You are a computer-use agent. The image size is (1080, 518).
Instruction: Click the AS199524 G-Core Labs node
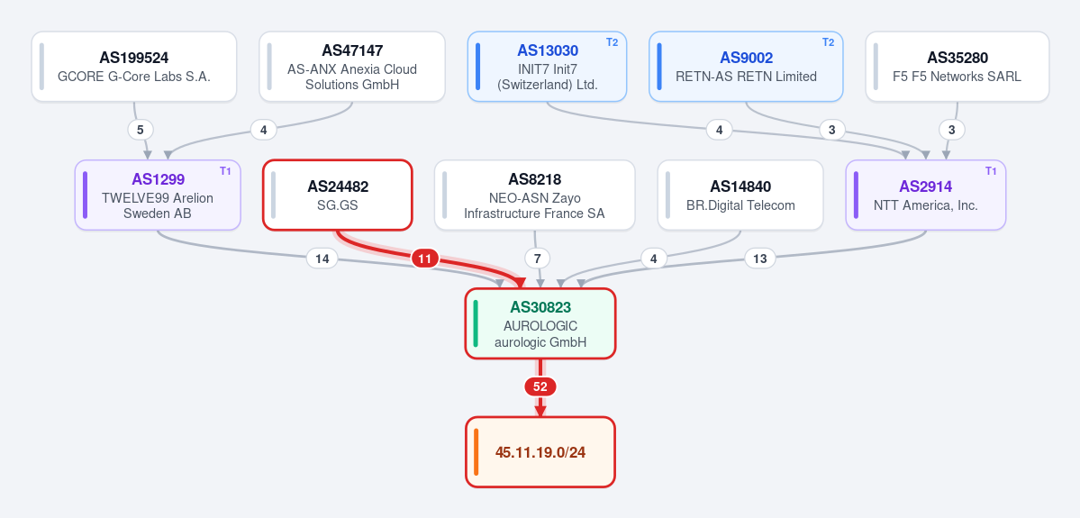(x=134, y=66)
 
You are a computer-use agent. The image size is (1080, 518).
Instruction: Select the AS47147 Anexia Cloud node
(x=352, y=66)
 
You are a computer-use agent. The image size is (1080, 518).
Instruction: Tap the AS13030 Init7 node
(x=547, y=66)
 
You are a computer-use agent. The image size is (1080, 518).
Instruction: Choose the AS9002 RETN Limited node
(x=746, y=66)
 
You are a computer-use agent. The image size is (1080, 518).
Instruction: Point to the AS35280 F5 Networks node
(x=957, y=66)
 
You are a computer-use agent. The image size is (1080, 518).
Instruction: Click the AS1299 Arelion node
(x=158, y=195)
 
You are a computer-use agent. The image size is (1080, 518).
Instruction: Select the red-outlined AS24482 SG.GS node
(x=338, y=195)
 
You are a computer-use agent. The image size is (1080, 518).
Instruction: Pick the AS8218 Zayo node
(x=534, y=195)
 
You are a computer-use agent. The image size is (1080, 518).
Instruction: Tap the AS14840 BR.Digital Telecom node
(x=740, y=195)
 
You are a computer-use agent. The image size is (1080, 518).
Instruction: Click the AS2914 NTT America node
(x=926, y=195)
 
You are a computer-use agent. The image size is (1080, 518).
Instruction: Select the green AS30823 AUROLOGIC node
(x=540, y=323)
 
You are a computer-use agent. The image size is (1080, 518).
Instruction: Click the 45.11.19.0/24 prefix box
(x=540, y=452)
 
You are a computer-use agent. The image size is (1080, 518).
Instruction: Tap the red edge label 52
(x=540, y=387)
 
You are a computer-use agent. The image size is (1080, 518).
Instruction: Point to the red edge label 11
(x=425, y=259)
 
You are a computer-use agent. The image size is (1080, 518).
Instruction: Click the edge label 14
(x=322, y=259)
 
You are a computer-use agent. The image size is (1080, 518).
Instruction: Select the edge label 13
(x=759, y=259)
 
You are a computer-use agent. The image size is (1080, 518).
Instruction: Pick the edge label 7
(x=537, y=259)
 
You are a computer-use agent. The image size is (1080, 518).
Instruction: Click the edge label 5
(x=141, y=130)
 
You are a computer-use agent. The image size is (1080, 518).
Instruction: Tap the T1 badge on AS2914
(x=991, y=171)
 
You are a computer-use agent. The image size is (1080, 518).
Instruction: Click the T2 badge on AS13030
(x=613, y=42)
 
